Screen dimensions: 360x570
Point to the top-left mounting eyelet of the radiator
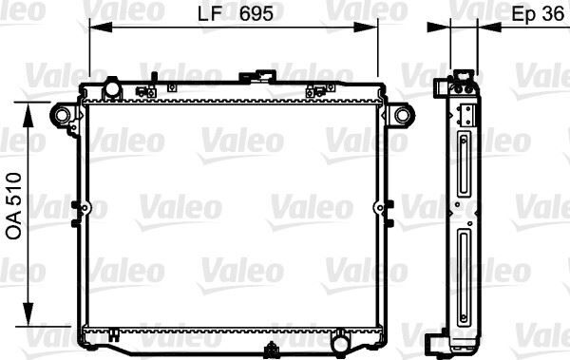(x=62, y=115)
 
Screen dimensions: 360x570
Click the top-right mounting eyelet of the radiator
(x=403, y=115)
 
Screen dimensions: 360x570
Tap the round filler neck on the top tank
(x=112, y=89)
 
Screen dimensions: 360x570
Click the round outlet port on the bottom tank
(x=340, y=338)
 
